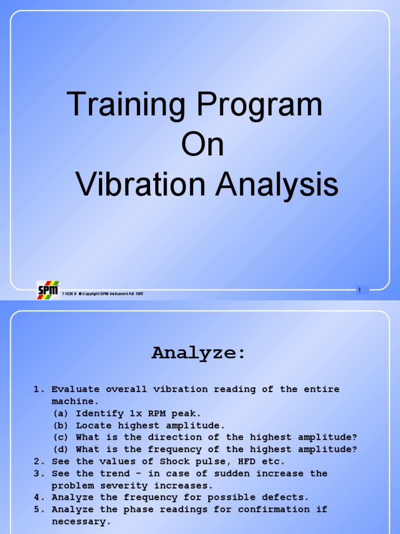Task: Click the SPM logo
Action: pos(48,290)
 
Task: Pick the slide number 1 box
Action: pos(359,290)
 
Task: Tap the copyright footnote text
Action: pos(103,294)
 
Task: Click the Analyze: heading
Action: pos(198,353)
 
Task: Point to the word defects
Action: pos(285,497)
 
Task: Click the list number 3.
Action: pos(37,474)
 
